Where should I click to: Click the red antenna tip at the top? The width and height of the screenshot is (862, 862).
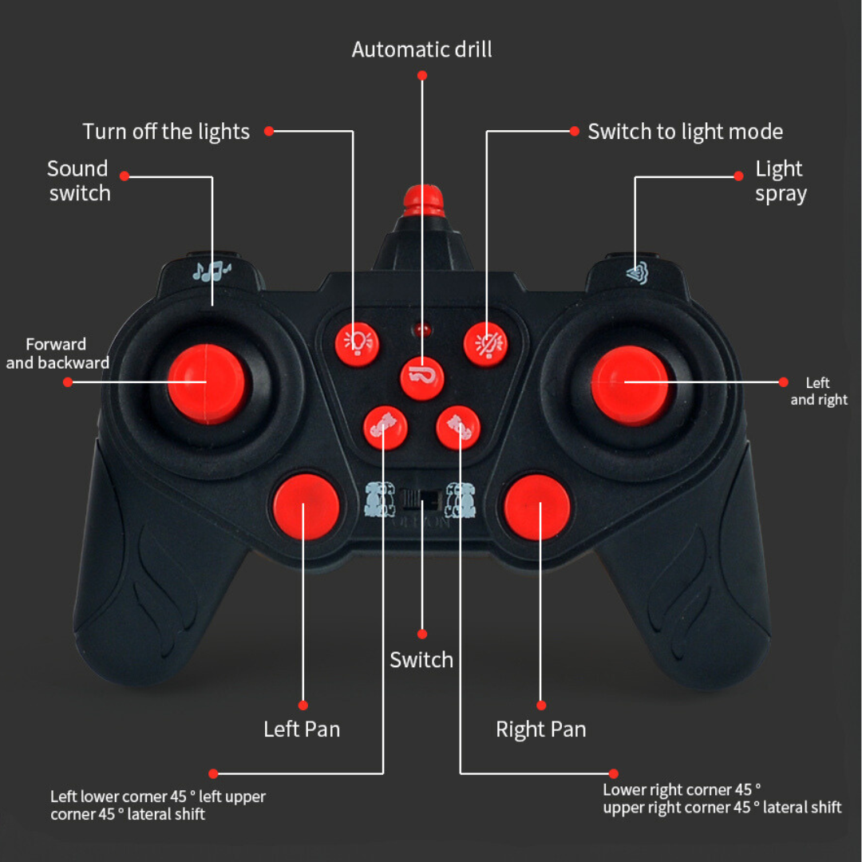click(x=422, y=200)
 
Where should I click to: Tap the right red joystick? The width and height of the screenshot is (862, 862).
click(x=630, y=384)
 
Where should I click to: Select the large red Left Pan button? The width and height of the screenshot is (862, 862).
click(x=306, y=507)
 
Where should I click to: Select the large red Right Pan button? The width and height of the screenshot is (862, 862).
click(x=536, y=507)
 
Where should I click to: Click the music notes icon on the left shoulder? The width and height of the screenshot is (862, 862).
click(x=211, y=271)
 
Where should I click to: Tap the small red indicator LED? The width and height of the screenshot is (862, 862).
click(x=422, y=330)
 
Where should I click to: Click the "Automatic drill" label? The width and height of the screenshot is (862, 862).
click(x=421, y=49)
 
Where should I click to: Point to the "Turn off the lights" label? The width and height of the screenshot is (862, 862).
click(x=166, y=132)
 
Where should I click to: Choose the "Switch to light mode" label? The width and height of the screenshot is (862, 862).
click(x=685, y=132)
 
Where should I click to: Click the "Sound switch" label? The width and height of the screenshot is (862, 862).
click(x=78, y=181)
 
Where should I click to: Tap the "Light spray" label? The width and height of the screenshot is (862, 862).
click(x=780, y=181)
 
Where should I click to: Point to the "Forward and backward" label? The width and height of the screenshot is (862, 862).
click(x=57, y=354)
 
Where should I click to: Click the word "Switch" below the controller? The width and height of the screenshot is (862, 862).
click(x=421, y=660)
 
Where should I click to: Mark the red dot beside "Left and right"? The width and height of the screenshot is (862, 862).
click(x=783, y=382)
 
